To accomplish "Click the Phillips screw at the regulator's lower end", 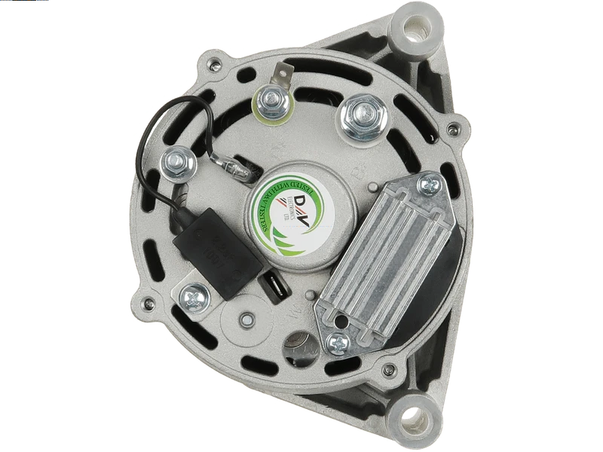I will (x=338, y=341).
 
